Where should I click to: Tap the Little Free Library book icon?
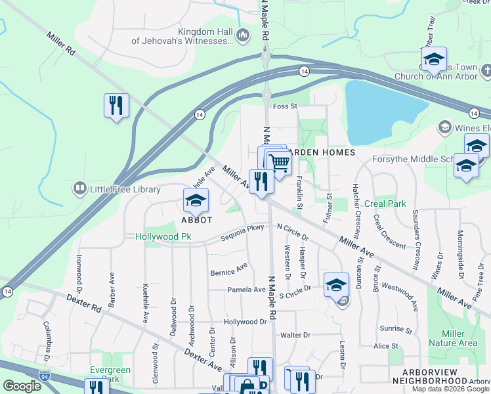coord(80,189)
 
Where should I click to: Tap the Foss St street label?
coord(285,106)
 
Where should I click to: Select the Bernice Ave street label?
coord(228,270)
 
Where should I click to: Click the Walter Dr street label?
coord(295,335)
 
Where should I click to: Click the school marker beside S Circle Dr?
coord(336,284)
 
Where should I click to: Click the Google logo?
coord(22,386)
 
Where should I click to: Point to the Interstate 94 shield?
coord(44,376)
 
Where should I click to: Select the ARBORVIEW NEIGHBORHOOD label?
coord(438,381)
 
